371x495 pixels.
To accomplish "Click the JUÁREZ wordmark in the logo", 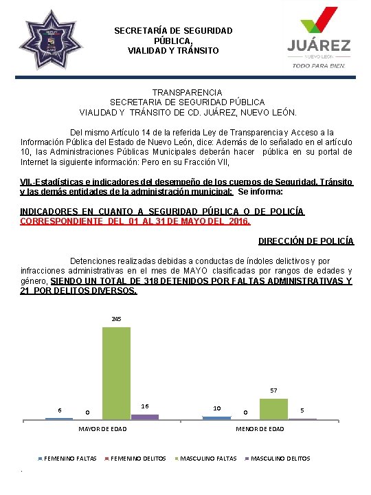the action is click(318, 45).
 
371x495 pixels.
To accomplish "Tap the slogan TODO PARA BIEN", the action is click(318, 66).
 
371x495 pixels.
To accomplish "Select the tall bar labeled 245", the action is click(116, 373).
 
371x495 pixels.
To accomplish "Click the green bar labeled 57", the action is click(273, 408).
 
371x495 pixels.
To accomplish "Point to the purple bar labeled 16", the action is click(144, 417).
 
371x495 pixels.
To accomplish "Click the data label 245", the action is click(116, 319).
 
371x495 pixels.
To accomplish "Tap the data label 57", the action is click(273, 390).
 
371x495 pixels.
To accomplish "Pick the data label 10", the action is click(217, 408).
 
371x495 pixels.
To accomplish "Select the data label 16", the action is click(145, 406).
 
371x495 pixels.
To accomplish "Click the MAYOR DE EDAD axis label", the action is click(102, 430).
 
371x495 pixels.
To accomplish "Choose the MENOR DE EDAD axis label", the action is click(260, 430).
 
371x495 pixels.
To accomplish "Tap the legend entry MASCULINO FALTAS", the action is click(208, 459).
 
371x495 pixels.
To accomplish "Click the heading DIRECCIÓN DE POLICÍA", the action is click(306, 241).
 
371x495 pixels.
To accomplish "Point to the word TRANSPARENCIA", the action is click(187, 92).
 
